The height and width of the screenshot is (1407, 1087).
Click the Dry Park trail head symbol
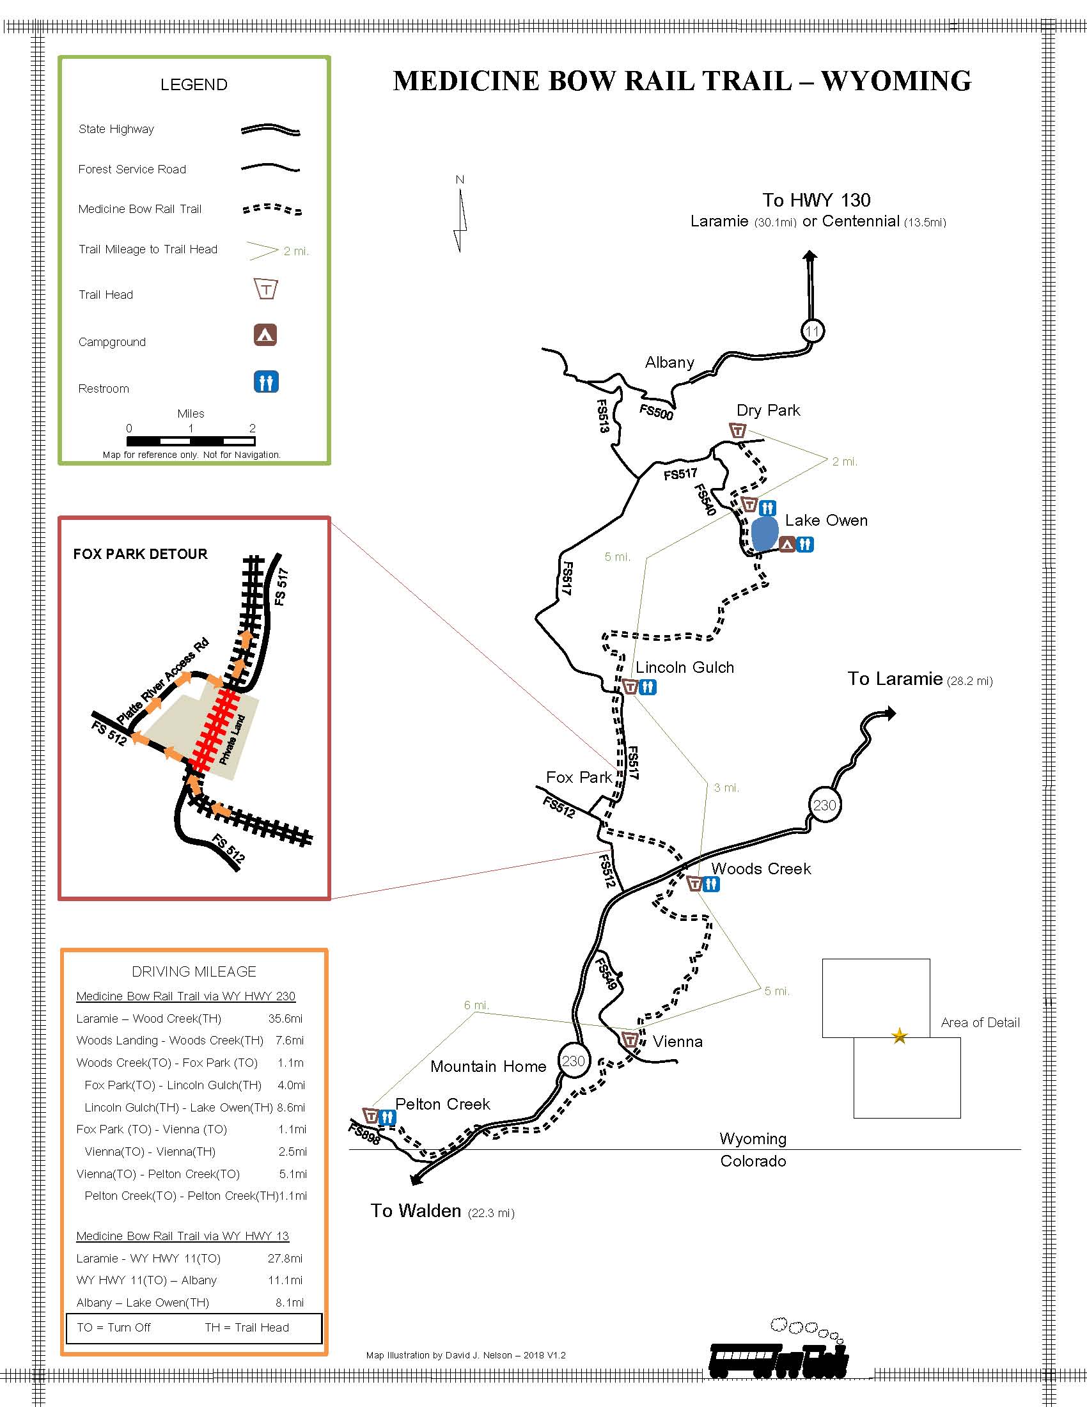[x=738, y=430]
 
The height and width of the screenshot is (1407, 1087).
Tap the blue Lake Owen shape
[x=764, y=534]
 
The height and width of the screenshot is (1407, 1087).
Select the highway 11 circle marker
[x=813, y=331]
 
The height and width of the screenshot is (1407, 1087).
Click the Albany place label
[x=669, y=363]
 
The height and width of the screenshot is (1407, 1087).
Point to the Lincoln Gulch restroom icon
[x=648, y=688]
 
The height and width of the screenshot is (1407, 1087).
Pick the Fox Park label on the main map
[x=578, y=778]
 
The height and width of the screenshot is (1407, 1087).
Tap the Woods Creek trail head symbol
[x=694, y=884]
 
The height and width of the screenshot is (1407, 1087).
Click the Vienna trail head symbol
[x=630, y=1040]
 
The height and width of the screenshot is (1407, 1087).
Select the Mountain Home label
[x=488, y=1067]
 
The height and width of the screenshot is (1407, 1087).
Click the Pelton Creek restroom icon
[x=387, y=1118]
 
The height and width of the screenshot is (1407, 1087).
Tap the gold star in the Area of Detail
[x=899, y=1037]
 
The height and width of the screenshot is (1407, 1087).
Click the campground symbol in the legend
[x=265, y=335]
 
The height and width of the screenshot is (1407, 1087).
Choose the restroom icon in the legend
[x=265, y=382]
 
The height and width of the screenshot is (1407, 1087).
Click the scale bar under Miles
[x=191, y=441]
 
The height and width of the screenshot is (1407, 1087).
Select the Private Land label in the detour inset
[x=233, y=739]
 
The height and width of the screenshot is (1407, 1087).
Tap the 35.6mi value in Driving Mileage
[x=285, y=1019]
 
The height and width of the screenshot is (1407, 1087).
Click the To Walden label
[x=416, y=1211]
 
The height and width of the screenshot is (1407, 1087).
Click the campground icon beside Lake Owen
[x=786, y=545]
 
